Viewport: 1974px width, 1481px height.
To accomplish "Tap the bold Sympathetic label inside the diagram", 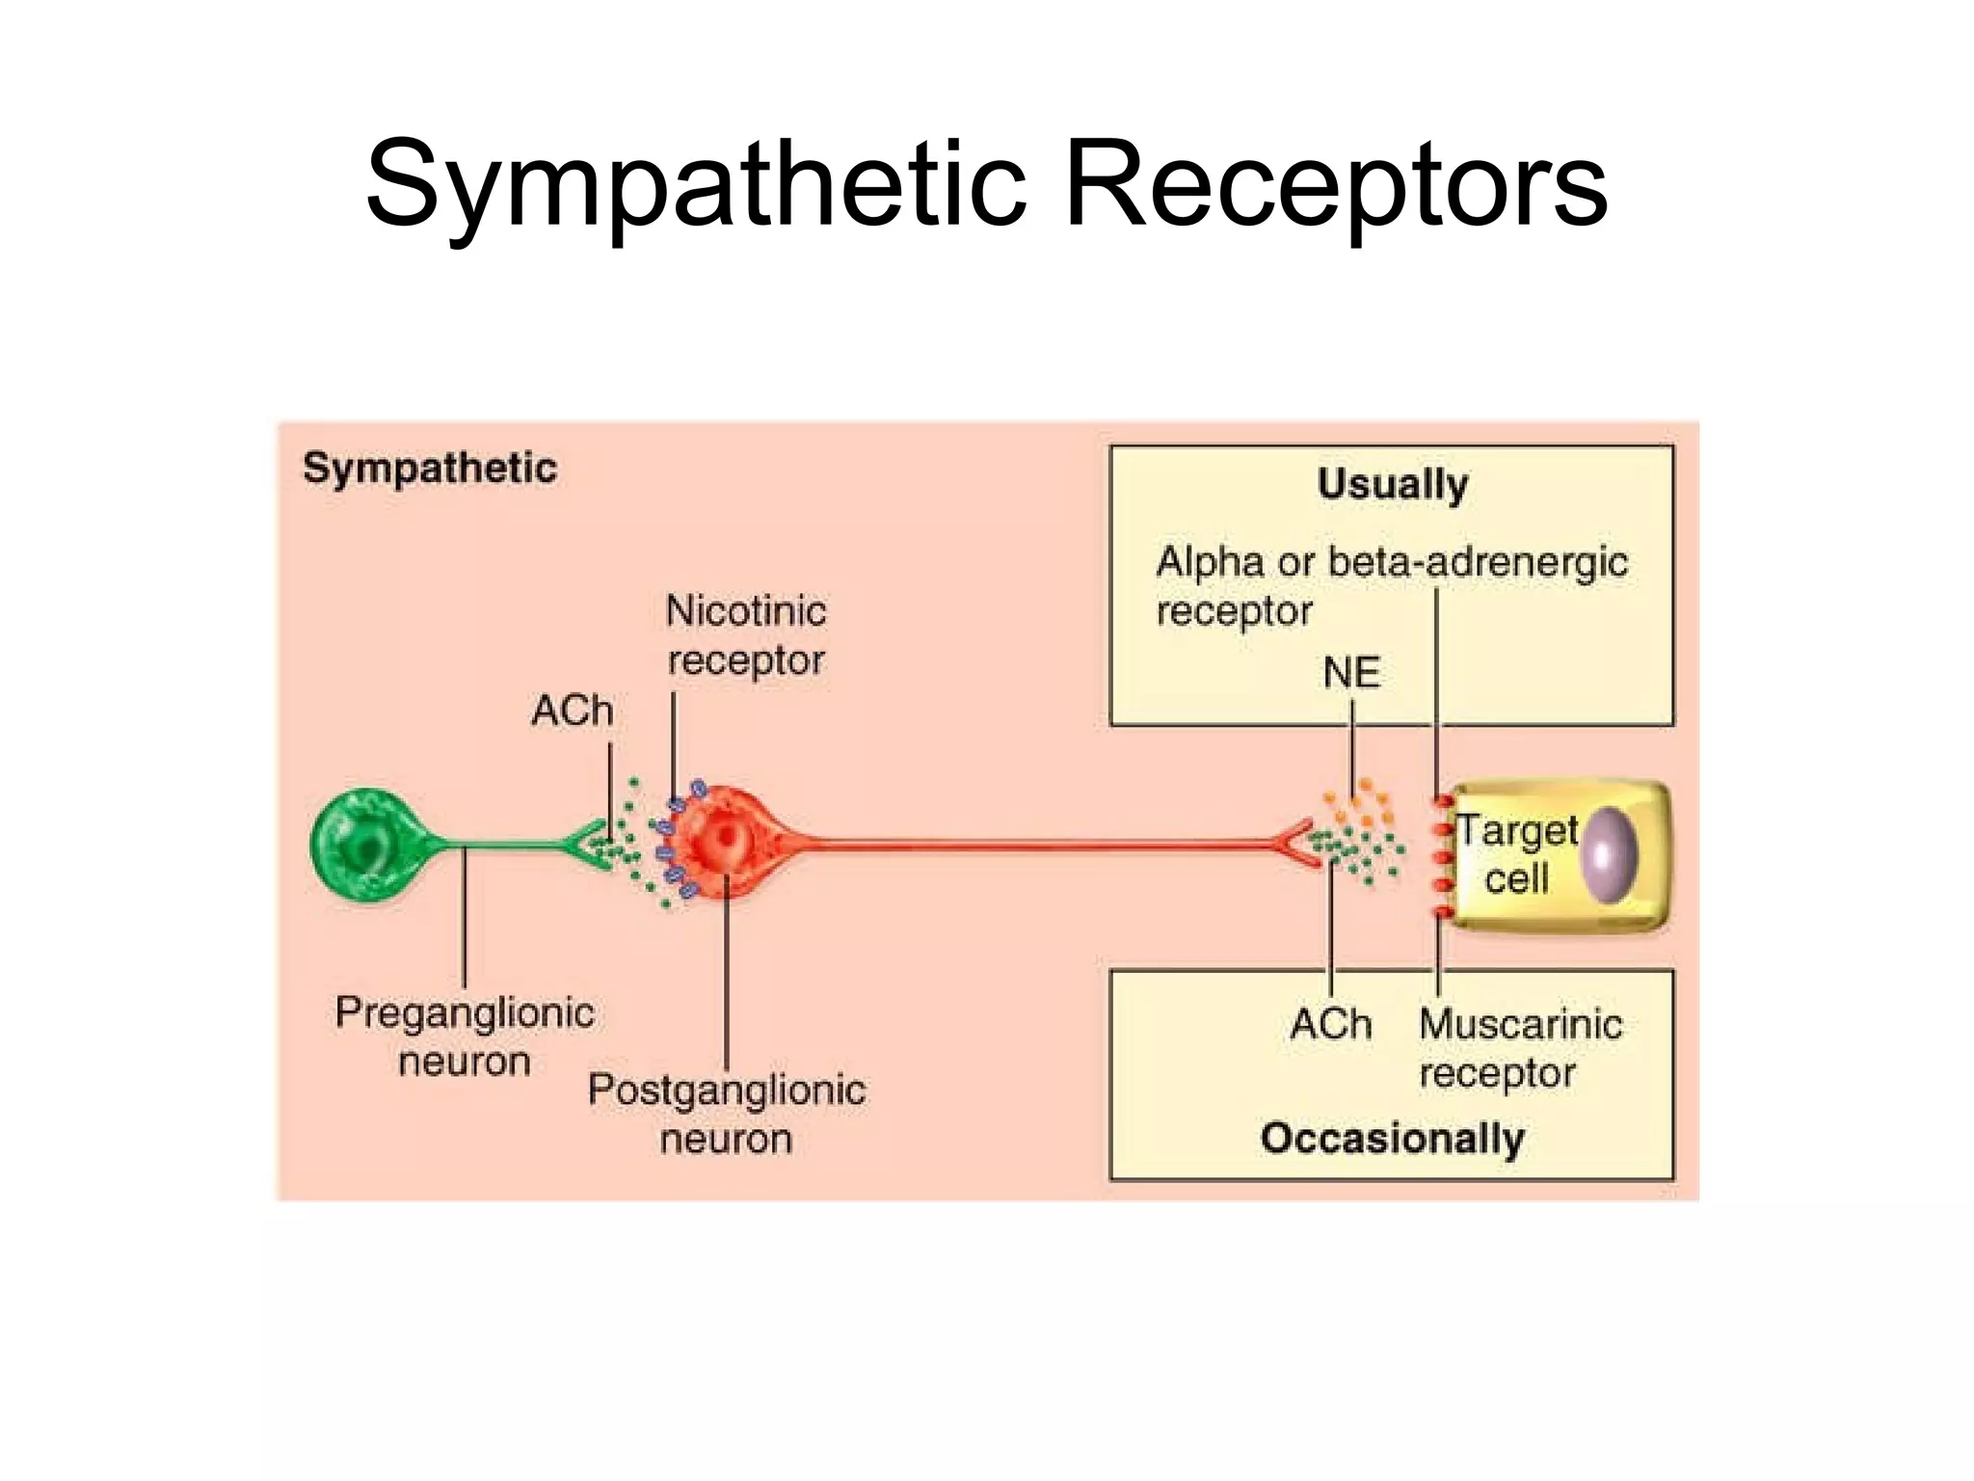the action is pos(430,469).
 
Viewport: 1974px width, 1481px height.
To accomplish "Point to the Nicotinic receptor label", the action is pos(746,635).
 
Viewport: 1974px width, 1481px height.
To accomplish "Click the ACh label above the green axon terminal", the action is pos(572,712).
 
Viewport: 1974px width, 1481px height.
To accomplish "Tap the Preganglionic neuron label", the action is pos(465,1037).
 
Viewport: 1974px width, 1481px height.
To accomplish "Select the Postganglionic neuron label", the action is pos(727,1114).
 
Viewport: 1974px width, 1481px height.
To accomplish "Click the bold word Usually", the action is pos(1392,484).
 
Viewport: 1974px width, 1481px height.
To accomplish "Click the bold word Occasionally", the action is pos(1392,1139).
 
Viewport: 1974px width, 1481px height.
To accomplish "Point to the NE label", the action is pos(1351,673).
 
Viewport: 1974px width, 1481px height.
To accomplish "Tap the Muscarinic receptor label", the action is pos(1520,1048).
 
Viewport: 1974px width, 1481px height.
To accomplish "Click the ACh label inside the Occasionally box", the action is pos(1330,1024).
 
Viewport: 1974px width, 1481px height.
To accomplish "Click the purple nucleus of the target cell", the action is pos(1610,855).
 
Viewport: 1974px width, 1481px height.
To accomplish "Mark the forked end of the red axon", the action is pos(1296,845).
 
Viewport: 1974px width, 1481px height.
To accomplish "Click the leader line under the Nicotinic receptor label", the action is pos(673,738).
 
